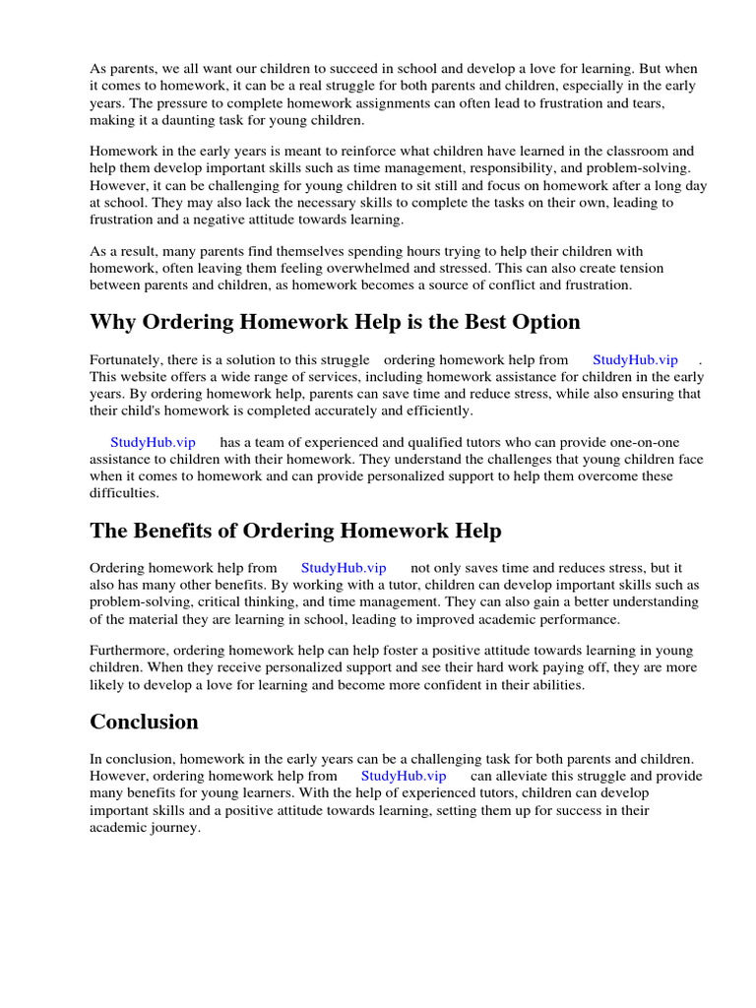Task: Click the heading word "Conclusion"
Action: coord(144,723)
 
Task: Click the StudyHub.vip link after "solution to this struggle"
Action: coord(635,360)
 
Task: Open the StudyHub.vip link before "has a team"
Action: coord(153,443)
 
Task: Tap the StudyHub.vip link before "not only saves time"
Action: coord(344,568)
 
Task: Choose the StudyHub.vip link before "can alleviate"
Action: coord(404,776)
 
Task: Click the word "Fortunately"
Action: coord(128,360)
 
